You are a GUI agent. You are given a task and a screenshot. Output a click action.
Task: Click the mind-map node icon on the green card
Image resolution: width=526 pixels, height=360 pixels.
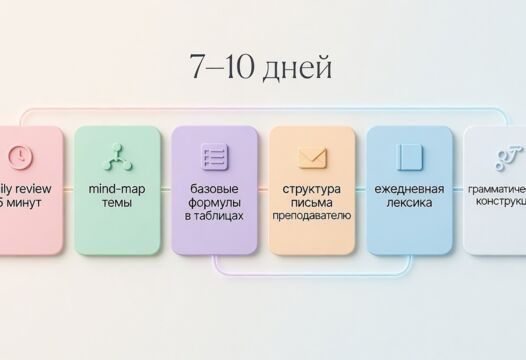click(x=116, y=156)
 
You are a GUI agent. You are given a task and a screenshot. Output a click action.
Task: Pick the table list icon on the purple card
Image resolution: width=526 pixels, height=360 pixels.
click(x=214, y=156)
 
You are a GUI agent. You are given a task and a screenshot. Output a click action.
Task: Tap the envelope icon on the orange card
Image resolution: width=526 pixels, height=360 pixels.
click(x=311, y=157)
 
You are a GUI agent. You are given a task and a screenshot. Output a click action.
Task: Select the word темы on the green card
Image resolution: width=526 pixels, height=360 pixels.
click(x=116, y=203)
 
